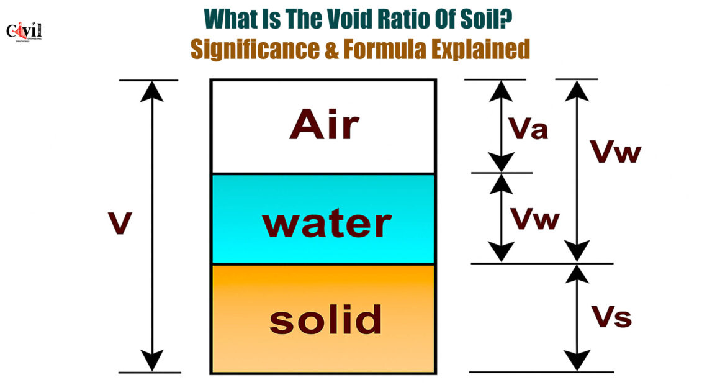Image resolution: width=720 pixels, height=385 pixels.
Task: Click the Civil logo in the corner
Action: [24, 32]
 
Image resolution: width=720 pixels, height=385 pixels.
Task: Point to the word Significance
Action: [255, 50]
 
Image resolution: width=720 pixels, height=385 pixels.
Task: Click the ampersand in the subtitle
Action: [331, 49]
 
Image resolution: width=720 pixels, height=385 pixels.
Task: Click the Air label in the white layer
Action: [324, 125]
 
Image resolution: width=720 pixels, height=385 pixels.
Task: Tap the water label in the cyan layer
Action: [326, 224]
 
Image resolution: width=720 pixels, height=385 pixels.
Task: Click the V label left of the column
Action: [120, 224]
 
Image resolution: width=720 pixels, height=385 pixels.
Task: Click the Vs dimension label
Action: [611, 317]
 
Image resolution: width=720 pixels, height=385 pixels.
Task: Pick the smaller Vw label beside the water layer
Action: [536, 218]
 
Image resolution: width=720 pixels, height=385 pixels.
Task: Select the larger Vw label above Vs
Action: [615, 152]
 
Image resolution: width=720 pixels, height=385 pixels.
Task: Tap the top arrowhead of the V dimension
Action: [151, 91]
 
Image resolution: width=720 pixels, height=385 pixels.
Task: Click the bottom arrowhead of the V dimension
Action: [152, 361]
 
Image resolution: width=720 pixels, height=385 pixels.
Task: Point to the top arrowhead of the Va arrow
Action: [501, 91]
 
